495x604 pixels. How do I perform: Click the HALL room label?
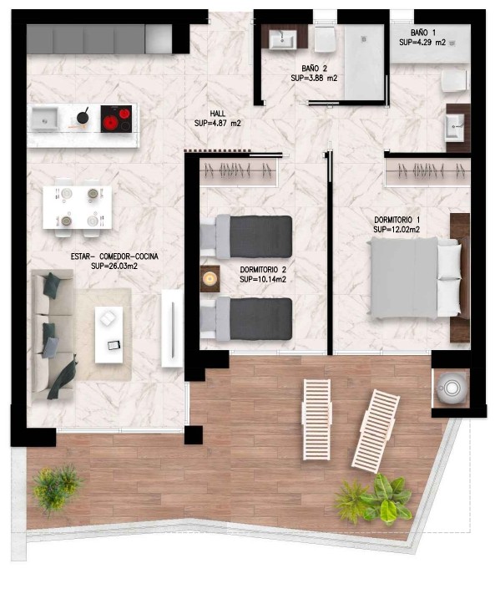click(x=218, y=114)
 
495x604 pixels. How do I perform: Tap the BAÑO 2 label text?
click(x=314, y=69)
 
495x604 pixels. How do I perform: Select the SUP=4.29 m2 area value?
click(x=422, y=43)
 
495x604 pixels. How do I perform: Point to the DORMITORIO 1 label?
click(x=397, y=220)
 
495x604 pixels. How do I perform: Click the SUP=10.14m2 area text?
click(x=262, y=280)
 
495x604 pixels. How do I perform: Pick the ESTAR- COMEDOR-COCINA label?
click(x=114, y=256)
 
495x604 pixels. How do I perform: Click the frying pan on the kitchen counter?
click(x=83, y=117)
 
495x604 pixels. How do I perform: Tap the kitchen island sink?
click(x=44, y=119)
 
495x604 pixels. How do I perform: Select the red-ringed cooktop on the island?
click(x=116, y=119)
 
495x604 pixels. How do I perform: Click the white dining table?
click(x=77, y=207)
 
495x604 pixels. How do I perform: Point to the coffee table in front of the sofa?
click(x=109, y=335)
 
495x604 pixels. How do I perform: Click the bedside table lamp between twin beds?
click(x=210, y=278)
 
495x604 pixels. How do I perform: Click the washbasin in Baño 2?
click(x=282, y=39)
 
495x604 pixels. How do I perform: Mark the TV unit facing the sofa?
click(x=172, y=328)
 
